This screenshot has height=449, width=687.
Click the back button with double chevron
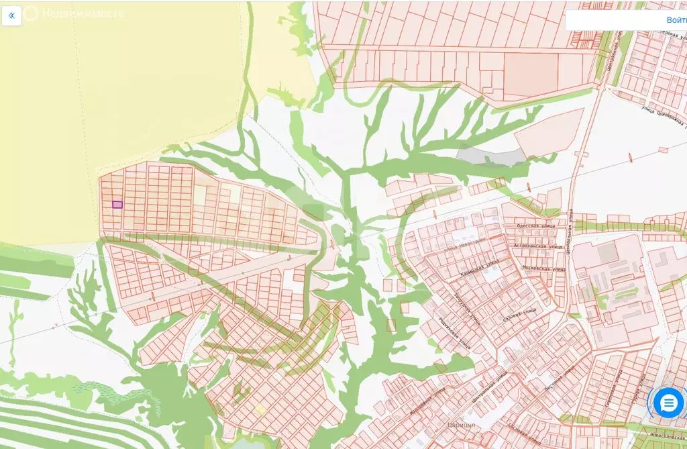coord(11,15)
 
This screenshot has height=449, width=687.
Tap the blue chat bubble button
coord(668,403)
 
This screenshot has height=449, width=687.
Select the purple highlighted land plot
coord(117,205)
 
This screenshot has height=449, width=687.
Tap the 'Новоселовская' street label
coord(664,435)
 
